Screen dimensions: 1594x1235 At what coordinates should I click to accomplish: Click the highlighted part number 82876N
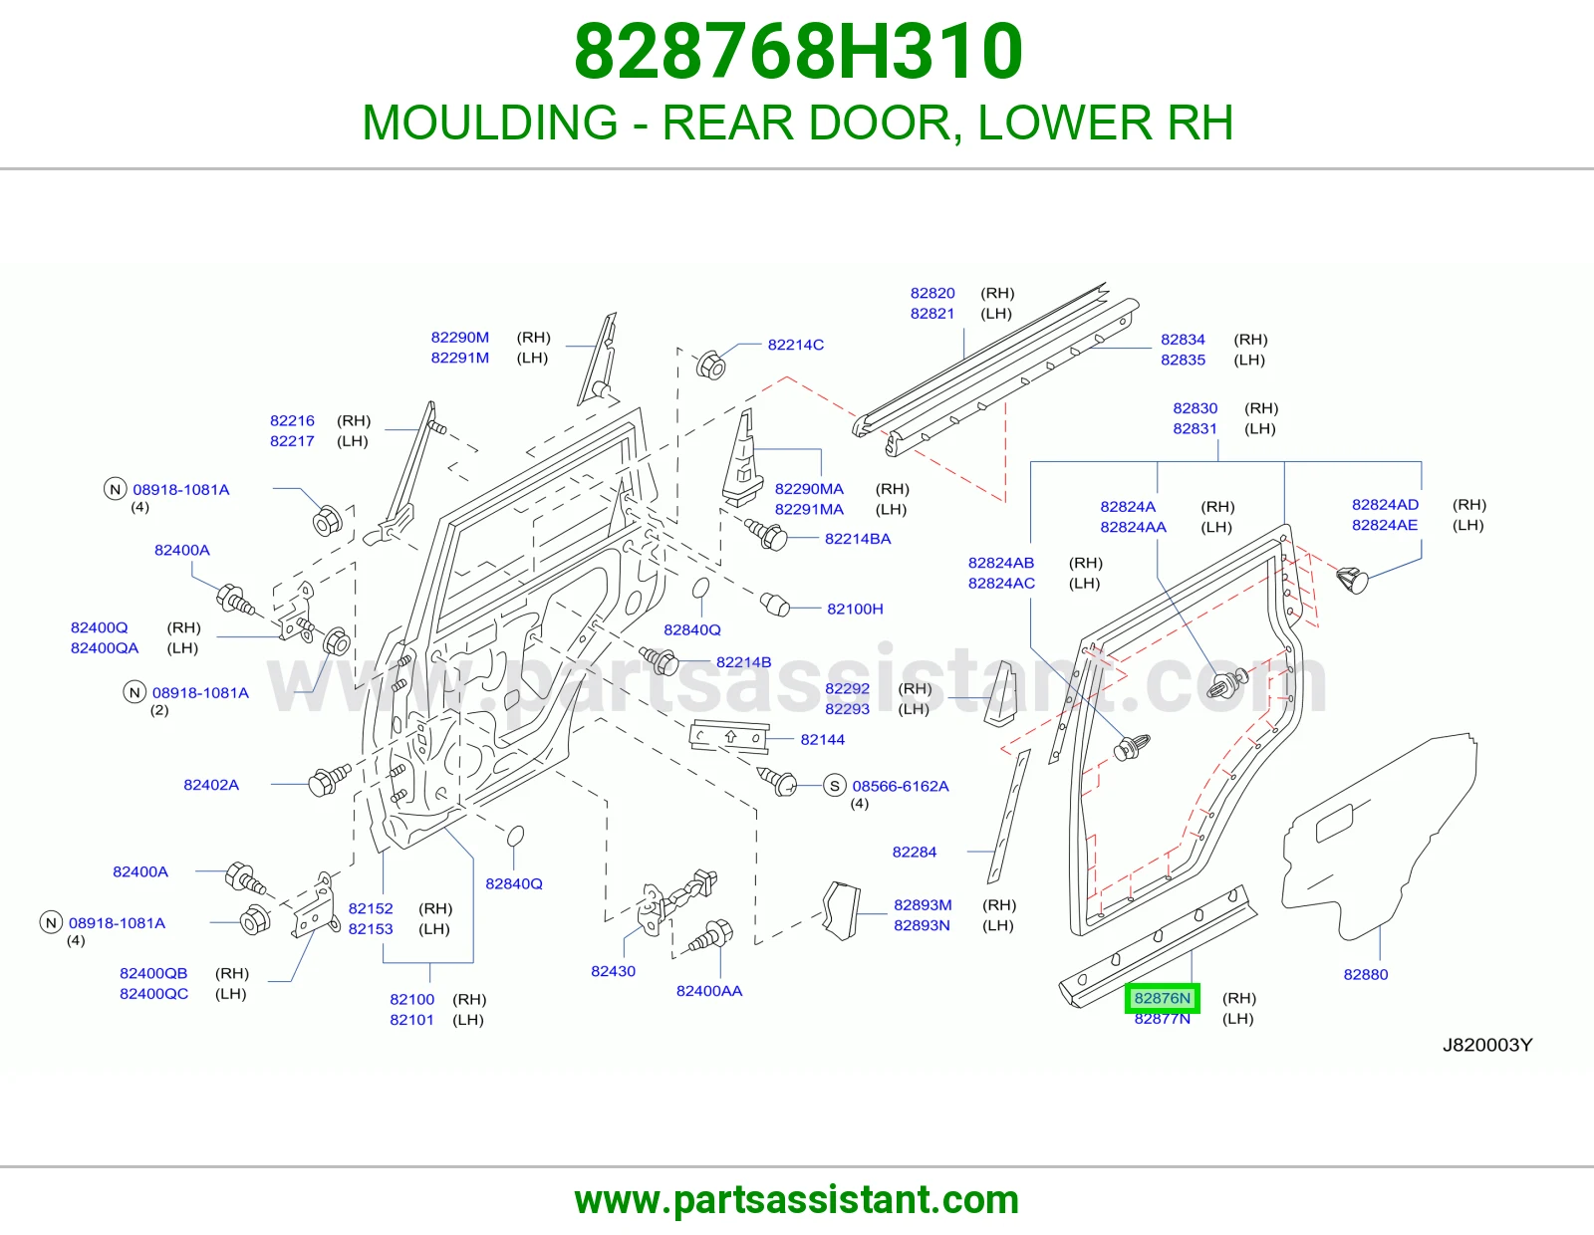tap(1162, 998)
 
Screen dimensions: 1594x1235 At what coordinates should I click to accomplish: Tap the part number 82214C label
tap(795, 345)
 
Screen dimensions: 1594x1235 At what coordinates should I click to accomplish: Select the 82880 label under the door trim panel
tap(1365, 975)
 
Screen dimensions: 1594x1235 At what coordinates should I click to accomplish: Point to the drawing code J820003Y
tap(1486, 1045)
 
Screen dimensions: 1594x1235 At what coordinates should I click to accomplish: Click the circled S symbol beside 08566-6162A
tap(834, 786)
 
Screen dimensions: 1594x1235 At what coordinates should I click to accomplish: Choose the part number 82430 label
tap(614, 971)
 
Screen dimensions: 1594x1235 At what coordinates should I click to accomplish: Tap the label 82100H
tap(855, 609)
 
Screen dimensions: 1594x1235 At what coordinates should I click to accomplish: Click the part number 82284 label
tap(914, 853)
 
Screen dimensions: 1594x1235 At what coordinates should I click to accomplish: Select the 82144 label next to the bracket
tap(822, 740)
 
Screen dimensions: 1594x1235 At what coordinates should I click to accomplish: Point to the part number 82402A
tap(211, 785)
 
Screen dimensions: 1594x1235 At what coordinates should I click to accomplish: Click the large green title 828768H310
tap(798, 51)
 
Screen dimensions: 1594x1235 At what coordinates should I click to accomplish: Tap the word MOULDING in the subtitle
tap(490, 123)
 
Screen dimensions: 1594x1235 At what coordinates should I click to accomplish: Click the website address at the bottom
tap(797, 1200)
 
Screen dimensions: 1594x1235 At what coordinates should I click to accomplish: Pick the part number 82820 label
tap(932, 294)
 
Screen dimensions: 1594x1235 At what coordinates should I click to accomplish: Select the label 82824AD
tap(1385, 505)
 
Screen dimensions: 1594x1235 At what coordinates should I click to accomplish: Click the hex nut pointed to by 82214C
tap(710, 365)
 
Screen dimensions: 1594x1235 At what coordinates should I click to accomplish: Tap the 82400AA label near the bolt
tap(708, 991)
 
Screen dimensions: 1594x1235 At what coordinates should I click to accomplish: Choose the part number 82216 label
tap(292, 421)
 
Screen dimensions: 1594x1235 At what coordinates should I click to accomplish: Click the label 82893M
tap(923, 905)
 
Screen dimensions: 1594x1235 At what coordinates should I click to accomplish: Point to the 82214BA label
tap(858, 539)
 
